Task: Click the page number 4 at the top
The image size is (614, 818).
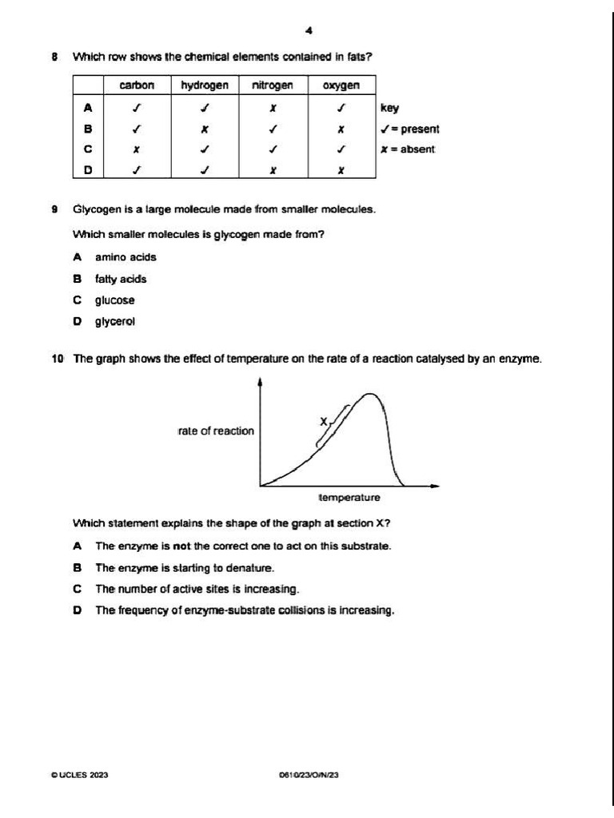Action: point(309,30)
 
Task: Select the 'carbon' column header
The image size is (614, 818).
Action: point(137,85)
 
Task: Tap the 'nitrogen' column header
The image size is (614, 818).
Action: point(273,85)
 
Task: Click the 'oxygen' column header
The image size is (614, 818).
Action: point(341,85)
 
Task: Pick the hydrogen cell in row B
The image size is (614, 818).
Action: point(205,128)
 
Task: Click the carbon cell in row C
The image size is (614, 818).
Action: point(137,149)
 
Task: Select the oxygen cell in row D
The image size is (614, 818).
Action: point(341,169)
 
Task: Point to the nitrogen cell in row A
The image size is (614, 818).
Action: point(273,107)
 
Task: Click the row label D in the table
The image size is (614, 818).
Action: point(88,169)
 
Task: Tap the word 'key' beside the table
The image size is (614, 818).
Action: point(389,108)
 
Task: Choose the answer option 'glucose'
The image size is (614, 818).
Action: point(115,300)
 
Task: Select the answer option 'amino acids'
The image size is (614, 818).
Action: point(126,257)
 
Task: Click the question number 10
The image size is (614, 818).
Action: point(58,359)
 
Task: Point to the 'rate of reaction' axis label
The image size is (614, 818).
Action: point(216,431)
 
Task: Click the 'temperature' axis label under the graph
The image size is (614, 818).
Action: point(349,498)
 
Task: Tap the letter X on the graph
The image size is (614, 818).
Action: point(324,421)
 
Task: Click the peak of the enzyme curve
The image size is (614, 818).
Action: point(370,395)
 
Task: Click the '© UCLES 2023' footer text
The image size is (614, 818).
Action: point(79,775)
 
